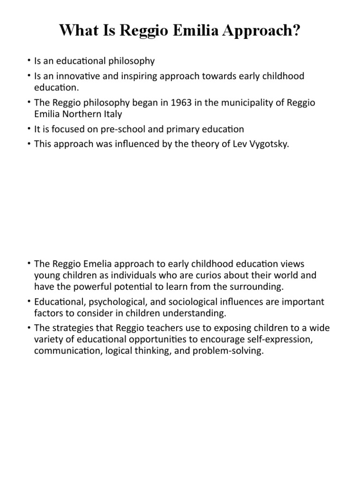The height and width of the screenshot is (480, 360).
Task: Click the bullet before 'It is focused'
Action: point(29,129)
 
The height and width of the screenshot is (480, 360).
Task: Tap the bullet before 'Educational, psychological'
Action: point(29,301)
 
